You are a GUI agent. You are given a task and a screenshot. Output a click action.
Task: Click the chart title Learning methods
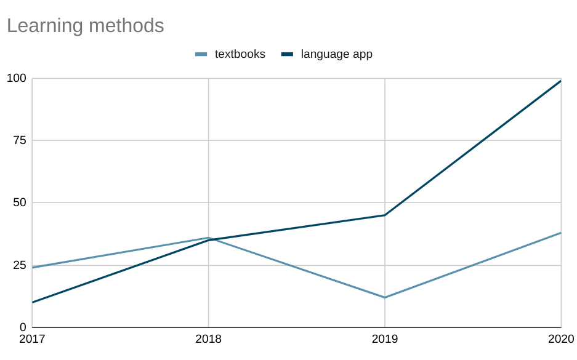coord(85,26)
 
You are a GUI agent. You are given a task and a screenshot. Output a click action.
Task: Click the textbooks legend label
coord(240,54)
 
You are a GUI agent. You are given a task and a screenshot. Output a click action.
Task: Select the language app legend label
coord(336,54)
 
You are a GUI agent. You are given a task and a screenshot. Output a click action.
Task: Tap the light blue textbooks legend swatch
coord(201,54)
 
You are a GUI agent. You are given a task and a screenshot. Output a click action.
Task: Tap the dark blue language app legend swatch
coord(287,54)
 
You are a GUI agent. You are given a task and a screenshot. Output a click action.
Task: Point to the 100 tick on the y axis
coord(17,78)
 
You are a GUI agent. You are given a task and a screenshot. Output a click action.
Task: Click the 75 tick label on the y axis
coord(20,140)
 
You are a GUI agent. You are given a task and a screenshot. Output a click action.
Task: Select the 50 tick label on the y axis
coord(20,202)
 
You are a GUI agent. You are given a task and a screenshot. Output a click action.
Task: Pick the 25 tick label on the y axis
coord(20,265)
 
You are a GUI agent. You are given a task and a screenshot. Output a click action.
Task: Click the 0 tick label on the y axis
coord(23,327)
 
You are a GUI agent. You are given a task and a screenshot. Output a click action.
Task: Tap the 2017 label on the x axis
coord(32,339)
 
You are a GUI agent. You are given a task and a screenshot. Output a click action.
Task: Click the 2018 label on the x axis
coord(208,339)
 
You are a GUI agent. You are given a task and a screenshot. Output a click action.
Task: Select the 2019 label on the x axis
coord(385,339)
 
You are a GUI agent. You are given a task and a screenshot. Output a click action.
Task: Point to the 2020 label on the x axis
coord(561,339)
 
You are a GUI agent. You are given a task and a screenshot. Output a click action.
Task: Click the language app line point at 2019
coord(385,215)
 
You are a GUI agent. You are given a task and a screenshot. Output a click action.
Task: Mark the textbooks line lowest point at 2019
coord(385,297)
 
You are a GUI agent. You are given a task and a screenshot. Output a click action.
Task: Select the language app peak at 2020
coord(560,81)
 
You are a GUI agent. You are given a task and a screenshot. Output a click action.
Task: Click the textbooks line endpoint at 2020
coord(560,233)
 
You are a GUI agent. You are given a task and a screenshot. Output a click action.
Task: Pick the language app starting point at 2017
coord(33,302)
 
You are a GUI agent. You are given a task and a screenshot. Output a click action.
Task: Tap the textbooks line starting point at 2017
coord(33,267)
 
